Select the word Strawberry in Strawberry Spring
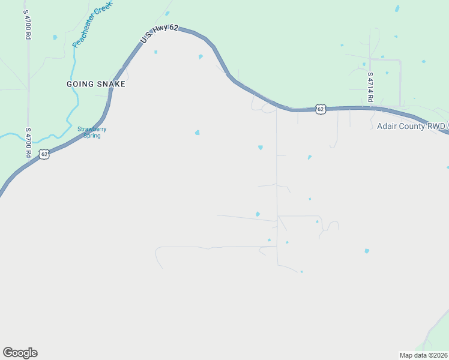point(92,129)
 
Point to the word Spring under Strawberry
point(92,136)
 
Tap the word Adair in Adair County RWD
point(387,126)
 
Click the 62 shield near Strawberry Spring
point(44,154)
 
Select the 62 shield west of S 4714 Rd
point(321,109)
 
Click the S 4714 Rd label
point(370,88)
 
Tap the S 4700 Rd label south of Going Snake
point(28,142)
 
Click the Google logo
point(20,353)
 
